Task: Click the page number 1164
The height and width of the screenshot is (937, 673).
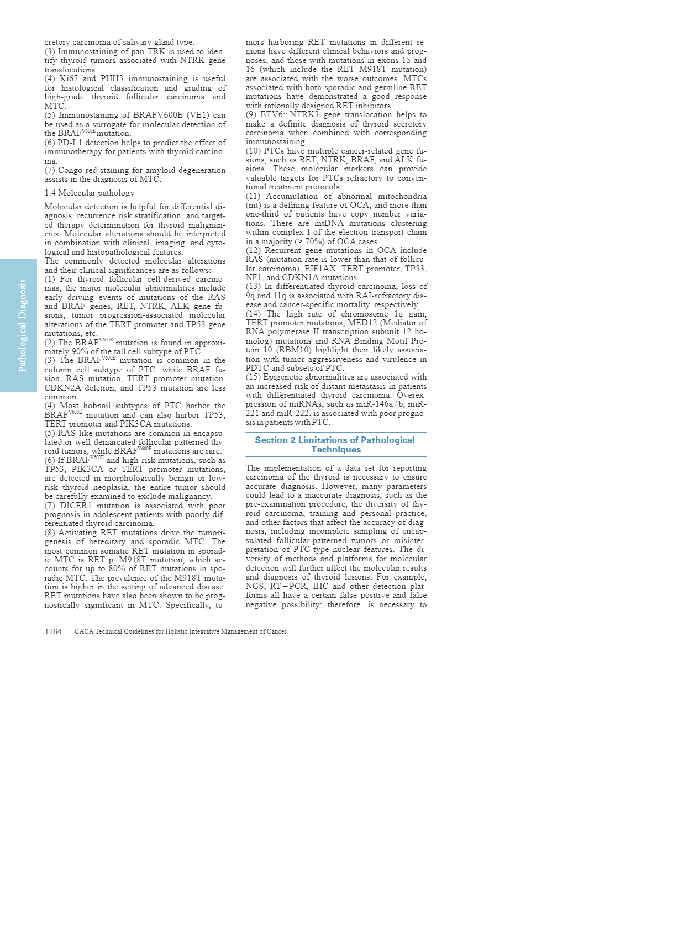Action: (53, 631)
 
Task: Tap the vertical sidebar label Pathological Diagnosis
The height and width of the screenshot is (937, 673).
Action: (23, 325)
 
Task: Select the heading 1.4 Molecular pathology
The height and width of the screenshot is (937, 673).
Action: (90, 193)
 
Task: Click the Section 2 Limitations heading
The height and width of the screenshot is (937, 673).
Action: (335, 445)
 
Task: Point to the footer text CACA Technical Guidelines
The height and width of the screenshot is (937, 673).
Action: (180, 631)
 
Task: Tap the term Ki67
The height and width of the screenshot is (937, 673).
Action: (69, 78)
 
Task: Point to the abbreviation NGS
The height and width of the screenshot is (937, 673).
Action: (255, 586)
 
